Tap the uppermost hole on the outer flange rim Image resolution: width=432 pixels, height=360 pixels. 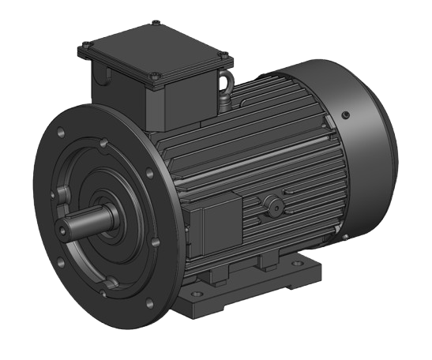point(103,143)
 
